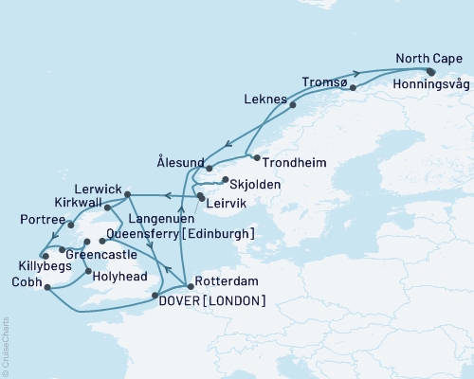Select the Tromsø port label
click(x=325, y=81)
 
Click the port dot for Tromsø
click(x=353, y=88)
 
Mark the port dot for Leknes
click(x=293, y=105)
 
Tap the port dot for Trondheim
click(x=256, y=156)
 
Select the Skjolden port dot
click(x=223, y=179)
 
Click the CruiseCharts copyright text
click(x=6, y=346)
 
